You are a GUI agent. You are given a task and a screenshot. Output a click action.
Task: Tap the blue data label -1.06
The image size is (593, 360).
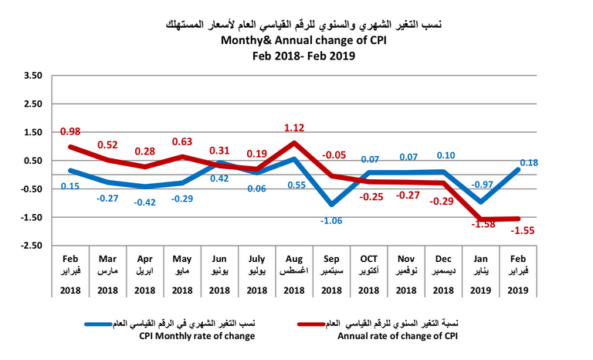coord(330,220)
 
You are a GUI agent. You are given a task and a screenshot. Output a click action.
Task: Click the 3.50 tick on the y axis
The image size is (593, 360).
coord(33,76)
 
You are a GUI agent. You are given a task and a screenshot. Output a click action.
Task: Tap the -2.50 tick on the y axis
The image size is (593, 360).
coord(32,246)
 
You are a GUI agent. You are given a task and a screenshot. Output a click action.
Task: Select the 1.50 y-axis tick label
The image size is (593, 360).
coord(33,132)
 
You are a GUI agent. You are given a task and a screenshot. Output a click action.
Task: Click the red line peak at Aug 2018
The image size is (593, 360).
coord(295,143)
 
